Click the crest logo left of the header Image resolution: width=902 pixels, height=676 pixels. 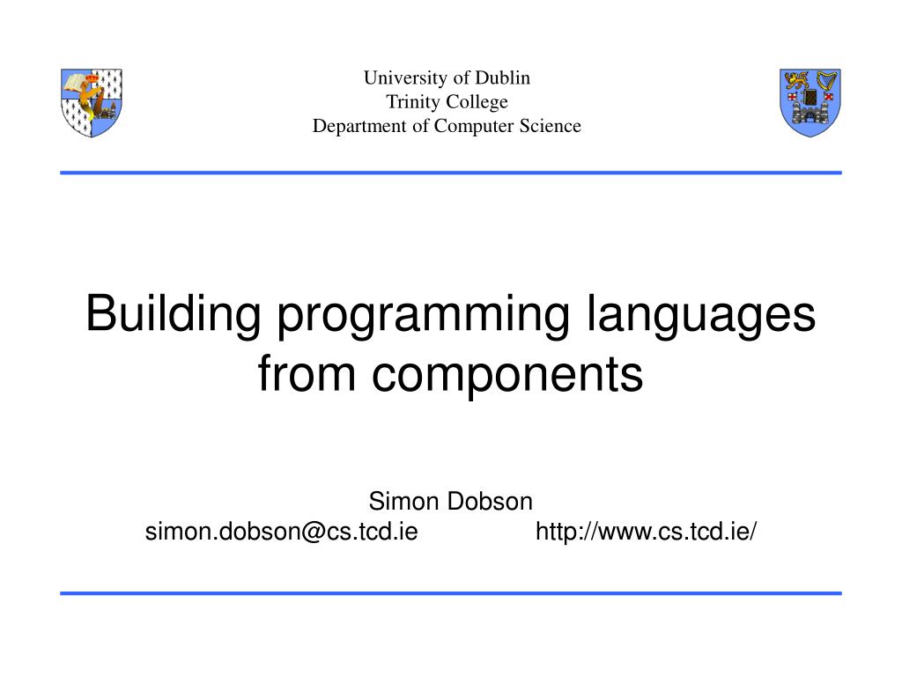coord(92,102)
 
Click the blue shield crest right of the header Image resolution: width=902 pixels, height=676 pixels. coord(810,102)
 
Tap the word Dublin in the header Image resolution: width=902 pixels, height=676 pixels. coord(503,77)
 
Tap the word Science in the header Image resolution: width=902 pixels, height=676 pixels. coord(551,126)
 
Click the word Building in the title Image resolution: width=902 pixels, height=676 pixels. coord(173,314)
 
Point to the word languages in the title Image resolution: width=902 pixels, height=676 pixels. coord(700,316)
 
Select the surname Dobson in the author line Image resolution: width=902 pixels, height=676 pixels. coord(490,502)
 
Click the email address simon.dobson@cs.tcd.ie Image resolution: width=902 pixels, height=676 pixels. coord(281,532)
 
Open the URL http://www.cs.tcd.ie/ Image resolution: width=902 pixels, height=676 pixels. coord(647,532)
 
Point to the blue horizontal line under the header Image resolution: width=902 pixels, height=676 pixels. coord(451,173)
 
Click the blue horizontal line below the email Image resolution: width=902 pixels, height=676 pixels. coord(451,593)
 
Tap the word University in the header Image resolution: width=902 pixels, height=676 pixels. coord(401,77)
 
